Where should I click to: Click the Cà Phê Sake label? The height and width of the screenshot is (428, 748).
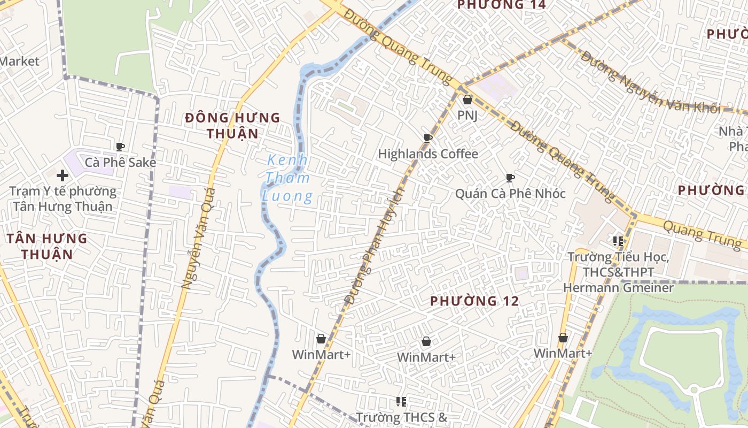pos(121,162)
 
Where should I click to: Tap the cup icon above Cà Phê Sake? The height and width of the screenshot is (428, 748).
pos(120,147)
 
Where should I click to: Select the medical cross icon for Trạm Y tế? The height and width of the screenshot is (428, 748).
pos(63,175)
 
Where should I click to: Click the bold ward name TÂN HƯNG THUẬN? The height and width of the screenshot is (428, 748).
pos(47,246)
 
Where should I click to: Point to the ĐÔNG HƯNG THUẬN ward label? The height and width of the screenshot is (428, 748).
pos(232,125)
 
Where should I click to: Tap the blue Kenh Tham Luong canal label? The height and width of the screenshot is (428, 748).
pos(287,178)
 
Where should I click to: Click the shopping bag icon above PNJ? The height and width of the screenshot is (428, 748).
pos(467,100)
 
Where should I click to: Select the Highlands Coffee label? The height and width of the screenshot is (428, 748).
pos(428,154)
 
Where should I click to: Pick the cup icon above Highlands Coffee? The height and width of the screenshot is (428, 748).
pos(428,139)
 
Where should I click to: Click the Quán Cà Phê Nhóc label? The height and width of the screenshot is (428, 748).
pos(510,193)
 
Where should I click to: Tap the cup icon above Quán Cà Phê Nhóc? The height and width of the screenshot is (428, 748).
pos(510,178)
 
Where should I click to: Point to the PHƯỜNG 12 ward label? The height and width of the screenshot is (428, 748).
pos(474,301)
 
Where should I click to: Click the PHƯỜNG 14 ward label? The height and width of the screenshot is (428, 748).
pos(502,5)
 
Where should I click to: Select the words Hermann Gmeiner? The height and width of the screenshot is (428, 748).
pos(618,288)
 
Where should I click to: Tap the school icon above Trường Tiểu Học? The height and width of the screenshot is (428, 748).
pos(619,241)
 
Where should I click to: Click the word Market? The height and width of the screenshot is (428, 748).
pos(20,61)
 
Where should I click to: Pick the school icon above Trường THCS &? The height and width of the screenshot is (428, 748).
pos(401,401)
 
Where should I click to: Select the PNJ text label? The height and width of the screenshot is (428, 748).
pos(467,115)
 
